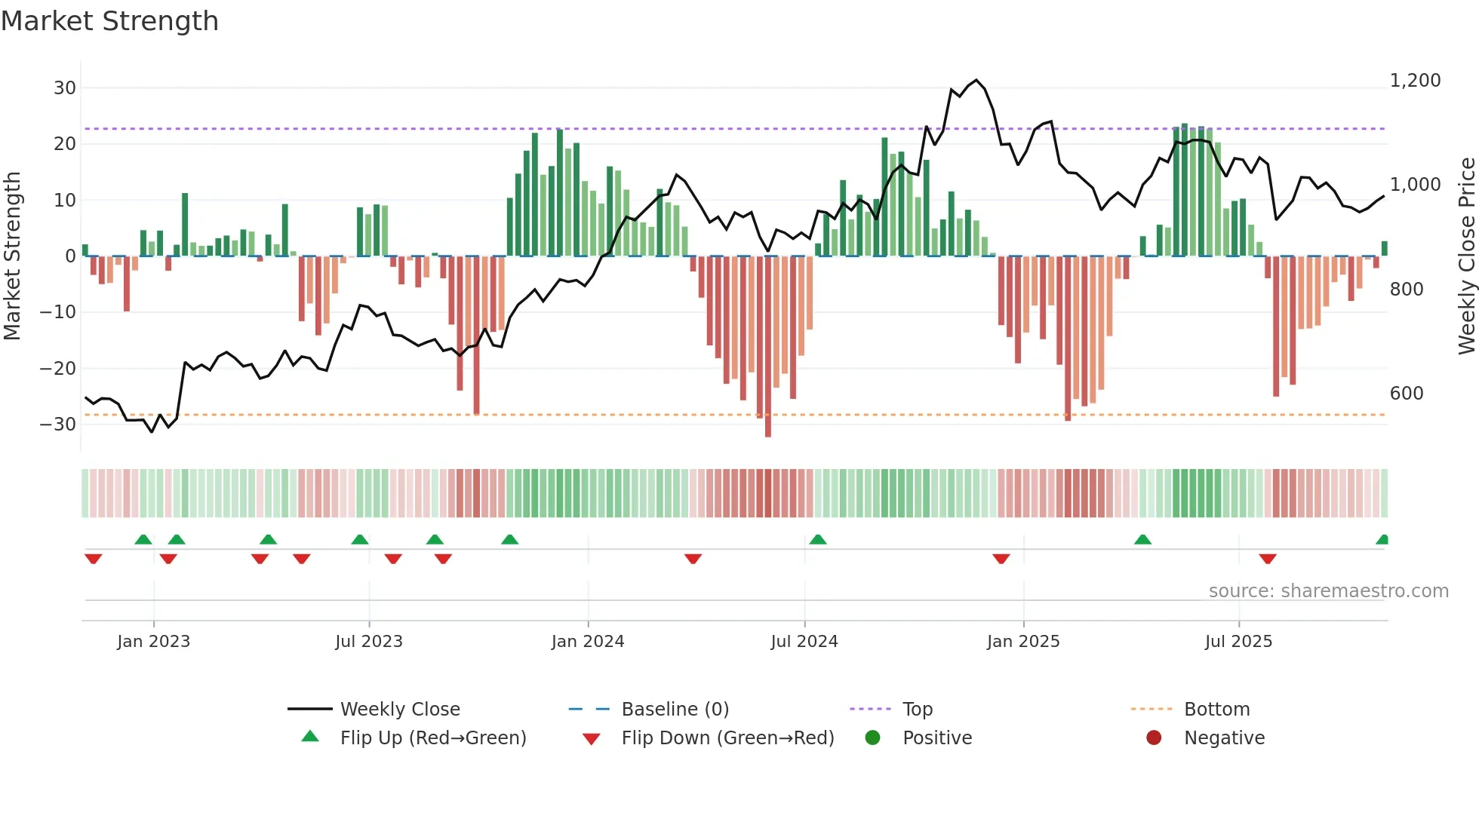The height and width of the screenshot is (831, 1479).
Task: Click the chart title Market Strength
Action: pos(109,21)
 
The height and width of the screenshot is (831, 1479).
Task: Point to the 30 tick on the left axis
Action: pos(65,88)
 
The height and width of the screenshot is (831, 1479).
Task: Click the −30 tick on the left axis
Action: pos(58,425)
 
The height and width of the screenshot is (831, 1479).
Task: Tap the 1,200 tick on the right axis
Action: pos(1415,81)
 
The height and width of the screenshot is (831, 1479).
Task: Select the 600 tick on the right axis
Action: pos(1407,394)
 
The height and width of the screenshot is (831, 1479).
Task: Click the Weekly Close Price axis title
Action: pos(1466,256)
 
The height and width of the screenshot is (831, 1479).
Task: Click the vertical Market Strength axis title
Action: pos(12,256)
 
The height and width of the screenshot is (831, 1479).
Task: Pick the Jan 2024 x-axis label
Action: pos(588,642)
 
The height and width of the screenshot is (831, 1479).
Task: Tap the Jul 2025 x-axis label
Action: pos(1238,642)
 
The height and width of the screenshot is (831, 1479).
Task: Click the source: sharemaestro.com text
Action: pos(1328,591)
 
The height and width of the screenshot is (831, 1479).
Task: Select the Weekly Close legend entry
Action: pos(400,710)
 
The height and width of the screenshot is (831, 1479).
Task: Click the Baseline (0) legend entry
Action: pos(675,710)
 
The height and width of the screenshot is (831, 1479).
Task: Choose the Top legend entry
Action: pos(918,710)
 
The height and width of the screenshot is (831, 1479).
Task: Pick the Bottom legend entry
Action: pos(1216,710)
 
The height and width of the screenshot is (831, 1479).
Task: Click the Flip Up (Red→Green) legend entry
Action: pos(432,738)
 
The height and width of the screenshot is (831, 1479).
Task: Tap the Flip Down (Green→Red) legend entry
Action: pos(727,738)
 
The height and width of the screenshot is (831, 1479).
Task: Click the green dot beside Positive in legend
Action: pos(873,738)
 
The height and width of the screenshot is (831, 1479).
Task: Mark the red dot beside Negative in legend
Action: pos(1154,738)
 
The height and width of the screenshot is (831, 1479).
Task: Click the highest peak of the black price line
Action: pos(976,80)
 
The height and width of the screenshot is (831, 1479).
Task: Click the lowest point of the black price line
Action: pos(152,432)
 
